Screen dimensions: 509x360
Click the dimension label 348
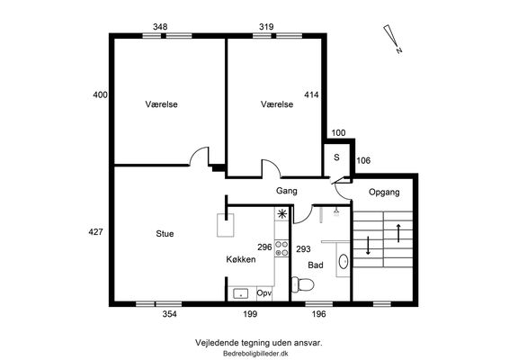(160, 27)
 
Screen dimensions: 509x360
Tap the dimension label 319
(266, 27)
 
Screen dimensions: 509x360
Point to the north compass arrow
(392, 39)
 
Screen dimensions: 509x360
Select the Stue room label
(165, 234)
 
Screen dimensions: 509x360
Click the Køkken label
(241, 259)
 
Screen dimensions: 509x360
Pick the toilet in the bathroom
(302, 284)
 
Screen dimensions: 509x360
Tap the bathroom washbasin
(343, 261)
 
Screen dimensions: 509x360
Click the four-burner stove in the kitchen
(281, 248)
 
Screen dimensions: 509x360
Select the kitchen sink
(241, 293)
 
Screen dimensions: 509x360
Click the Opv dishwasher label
(264, 293)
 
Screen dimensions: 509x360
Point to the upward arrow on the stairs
(398, 232)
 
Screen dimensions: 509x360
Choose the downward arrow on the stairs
(368, 246)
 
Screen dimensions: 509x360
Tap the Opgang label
(384, 193)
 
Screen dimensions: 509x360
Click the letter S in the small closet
(336, 157)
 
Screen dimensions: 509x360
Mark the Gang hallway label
(287, 191)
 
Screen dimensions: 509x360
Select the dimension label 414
(311, 94)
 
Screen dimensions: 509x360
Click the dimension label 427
(95, 232)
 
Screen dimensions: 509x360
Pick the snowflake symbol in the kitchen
(281, 214)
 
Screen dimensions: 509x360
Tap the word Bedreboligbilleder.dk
(255, 354)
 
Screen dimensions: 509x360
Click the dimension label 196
(318, 314)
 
